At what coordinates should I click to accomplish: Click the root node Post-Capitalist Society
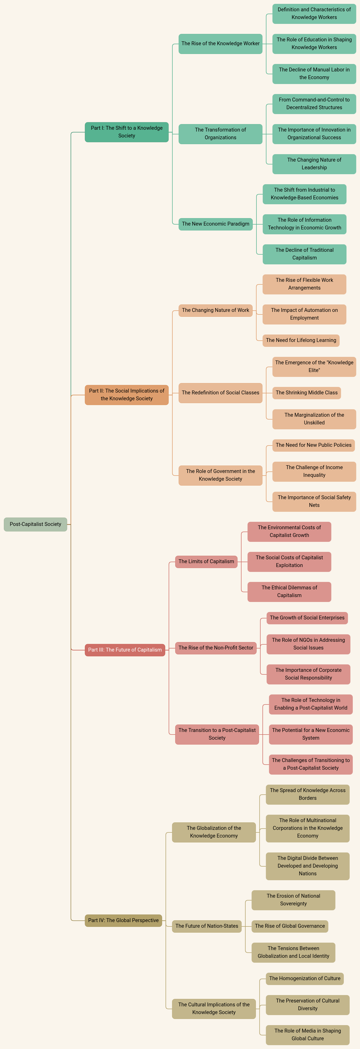tap(35, 524)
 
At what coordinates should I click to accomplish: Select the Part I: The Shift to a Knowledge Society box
tap(127, 132)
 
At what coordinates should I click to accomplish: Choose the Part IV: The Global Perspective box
tap(123, 920)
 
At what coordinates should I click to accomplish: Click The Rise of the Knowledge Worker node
tap(220, 44)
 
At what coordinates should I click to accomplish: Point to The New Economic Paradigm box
tap(215, 224)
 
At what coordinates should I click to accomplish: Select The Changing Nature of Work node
tap(215, 310)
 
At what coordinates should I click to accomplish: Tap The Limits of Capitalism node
tap(206, 562)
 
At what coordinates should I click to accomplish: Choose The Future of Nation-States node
tap(207, 926)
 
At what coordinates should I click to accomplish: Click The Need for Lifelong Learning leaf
tap(301, 340)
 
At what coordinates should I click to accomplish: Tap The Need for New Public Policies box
tap(313, 445)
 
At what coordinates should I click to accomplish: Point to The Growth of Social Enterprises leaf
tap(307, 618)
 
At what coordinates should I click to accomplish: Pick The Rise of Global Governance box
tap(290, 926)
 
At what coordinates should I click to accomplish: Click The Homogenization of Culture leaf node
tap(304, 979)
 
